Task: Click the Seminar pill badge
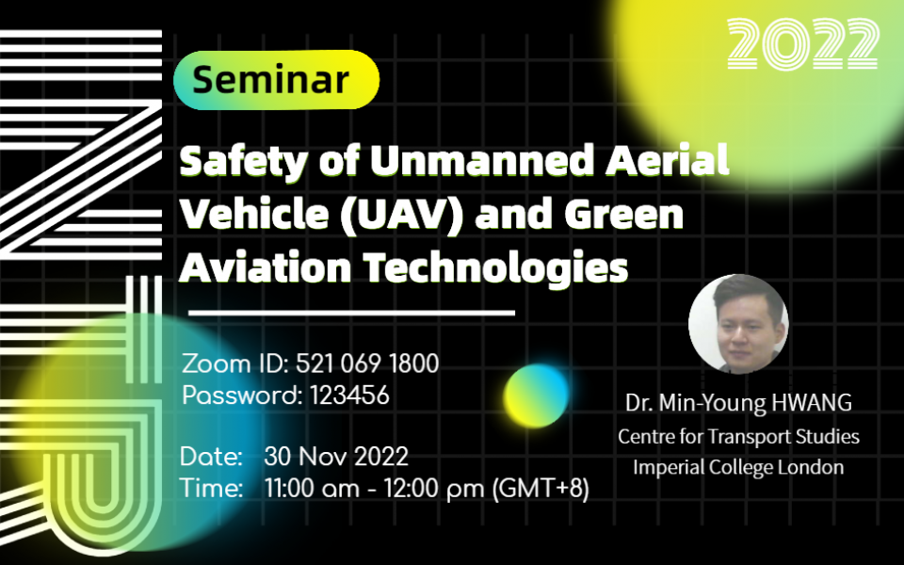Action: coord(276,79)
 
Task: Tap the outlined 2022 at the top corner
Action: coord(803,44)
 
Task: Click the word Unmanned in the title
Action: coord(482,160)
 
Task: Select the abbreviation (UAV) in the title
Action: coord(402,215)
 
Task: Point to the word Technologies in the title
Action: coord(495,268)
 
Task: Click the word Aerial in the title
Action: coord(667,160)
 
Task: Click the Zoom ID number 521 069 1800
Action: coord(367,363)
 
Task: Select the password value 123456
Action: coord(349,395)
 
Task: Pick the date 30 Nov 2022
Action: coord(336,457)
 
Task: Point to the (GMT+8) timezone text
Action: coord(541,489)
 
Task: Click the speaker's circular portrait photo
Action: coord(738,324)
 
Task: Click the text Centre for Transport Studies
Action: coord(738,436)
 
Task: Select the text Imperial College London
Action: coord(738,467)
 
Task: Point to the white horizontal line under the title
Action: coord(351,313)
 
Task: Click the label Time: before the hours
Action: coord(211,489)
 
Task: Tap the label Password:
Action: coord(242,395)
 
